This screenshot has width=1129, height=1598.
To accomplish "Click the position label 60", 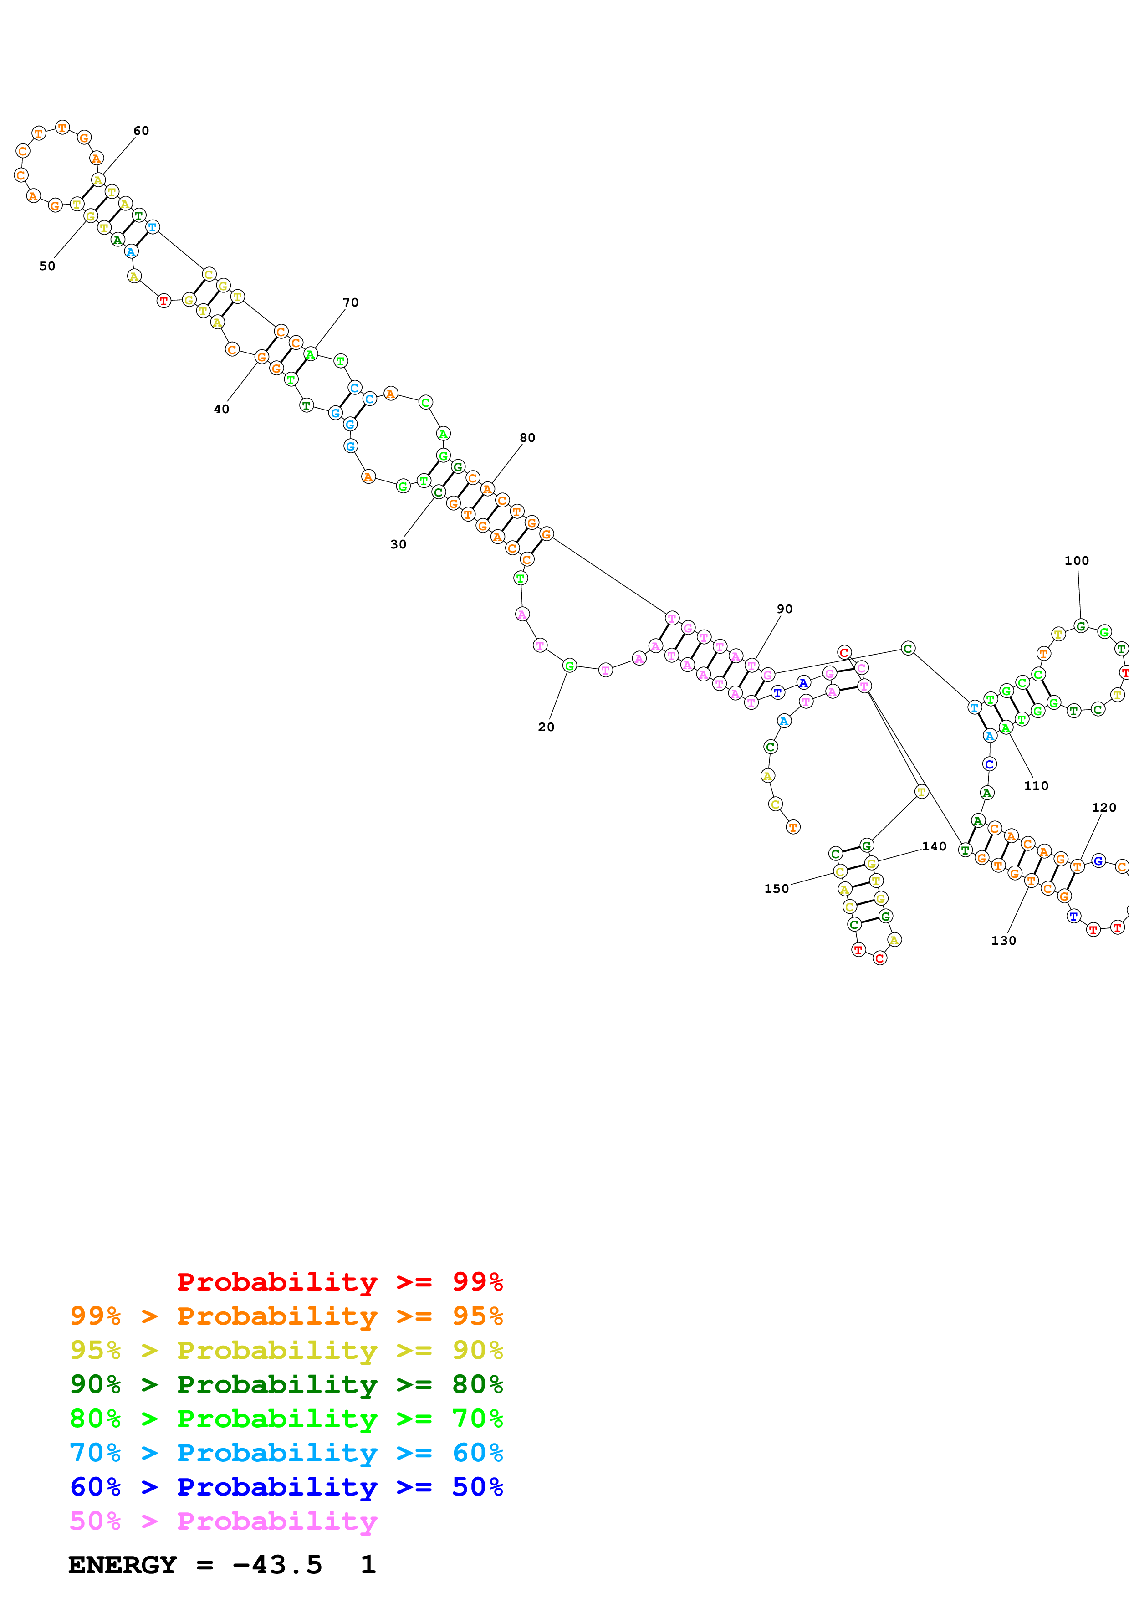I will [141, 131].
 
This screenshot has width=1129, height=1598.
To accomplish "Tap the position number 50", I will [47, 266].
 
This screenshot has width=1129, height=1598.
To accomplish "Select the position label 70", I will [351, 303].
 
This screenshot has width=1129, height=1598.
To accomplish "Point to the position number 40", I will [221, 409].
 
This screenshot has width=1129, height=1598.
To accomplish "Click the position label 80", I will [527, 438].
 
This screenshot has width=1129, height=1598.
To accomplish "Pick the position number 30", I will [398, 544].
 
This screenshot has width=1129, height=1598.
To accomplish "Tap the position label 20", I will [546, 727].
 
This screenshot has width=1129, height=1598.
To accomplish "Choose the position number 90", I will [785, 609].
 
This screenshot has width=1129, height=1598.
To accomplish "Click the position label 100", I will [1077, 561].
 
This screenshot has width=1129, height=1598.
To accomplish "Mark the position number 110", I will [1036, 786].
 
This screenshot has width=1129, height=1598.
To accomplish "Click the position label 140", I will [934, 846].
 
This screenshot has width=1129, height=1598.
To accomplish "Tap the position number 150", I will [777, 889].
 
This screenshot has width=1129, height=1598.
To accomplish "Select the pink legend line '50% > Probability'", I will [223, 1521].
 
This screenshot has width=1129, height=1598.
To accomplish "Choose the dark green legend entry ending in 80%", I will [286, 1384].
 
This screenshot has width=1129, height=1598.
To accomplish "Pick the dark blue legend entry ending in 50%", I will [286, 1487].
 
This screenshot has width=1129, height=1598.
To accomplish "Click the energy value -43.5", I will [277, 1565].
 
